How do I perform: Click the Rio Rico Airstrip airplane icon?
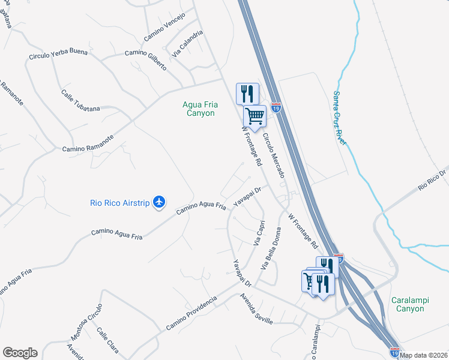tap(159, 202)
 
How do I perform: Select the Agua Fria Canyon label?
tap(199, 109)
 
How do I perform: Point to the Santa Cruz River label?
tap(339, 118)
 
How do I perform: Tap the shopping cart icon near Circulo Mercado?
tap(255, 116)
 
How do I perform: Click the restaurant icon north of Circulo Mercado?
tap(247, 93)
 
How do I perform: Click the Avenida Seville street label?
tap(256, 310)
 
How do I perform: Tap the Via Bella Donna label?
tap(270, 249)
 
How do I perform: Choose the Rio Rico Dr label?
tap(433, 180)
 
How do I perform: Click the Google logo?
tap(20, 353)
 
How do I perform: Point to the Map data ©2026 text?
tap(424, 355)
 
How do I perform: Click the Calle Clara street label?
tap(107, 339)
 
